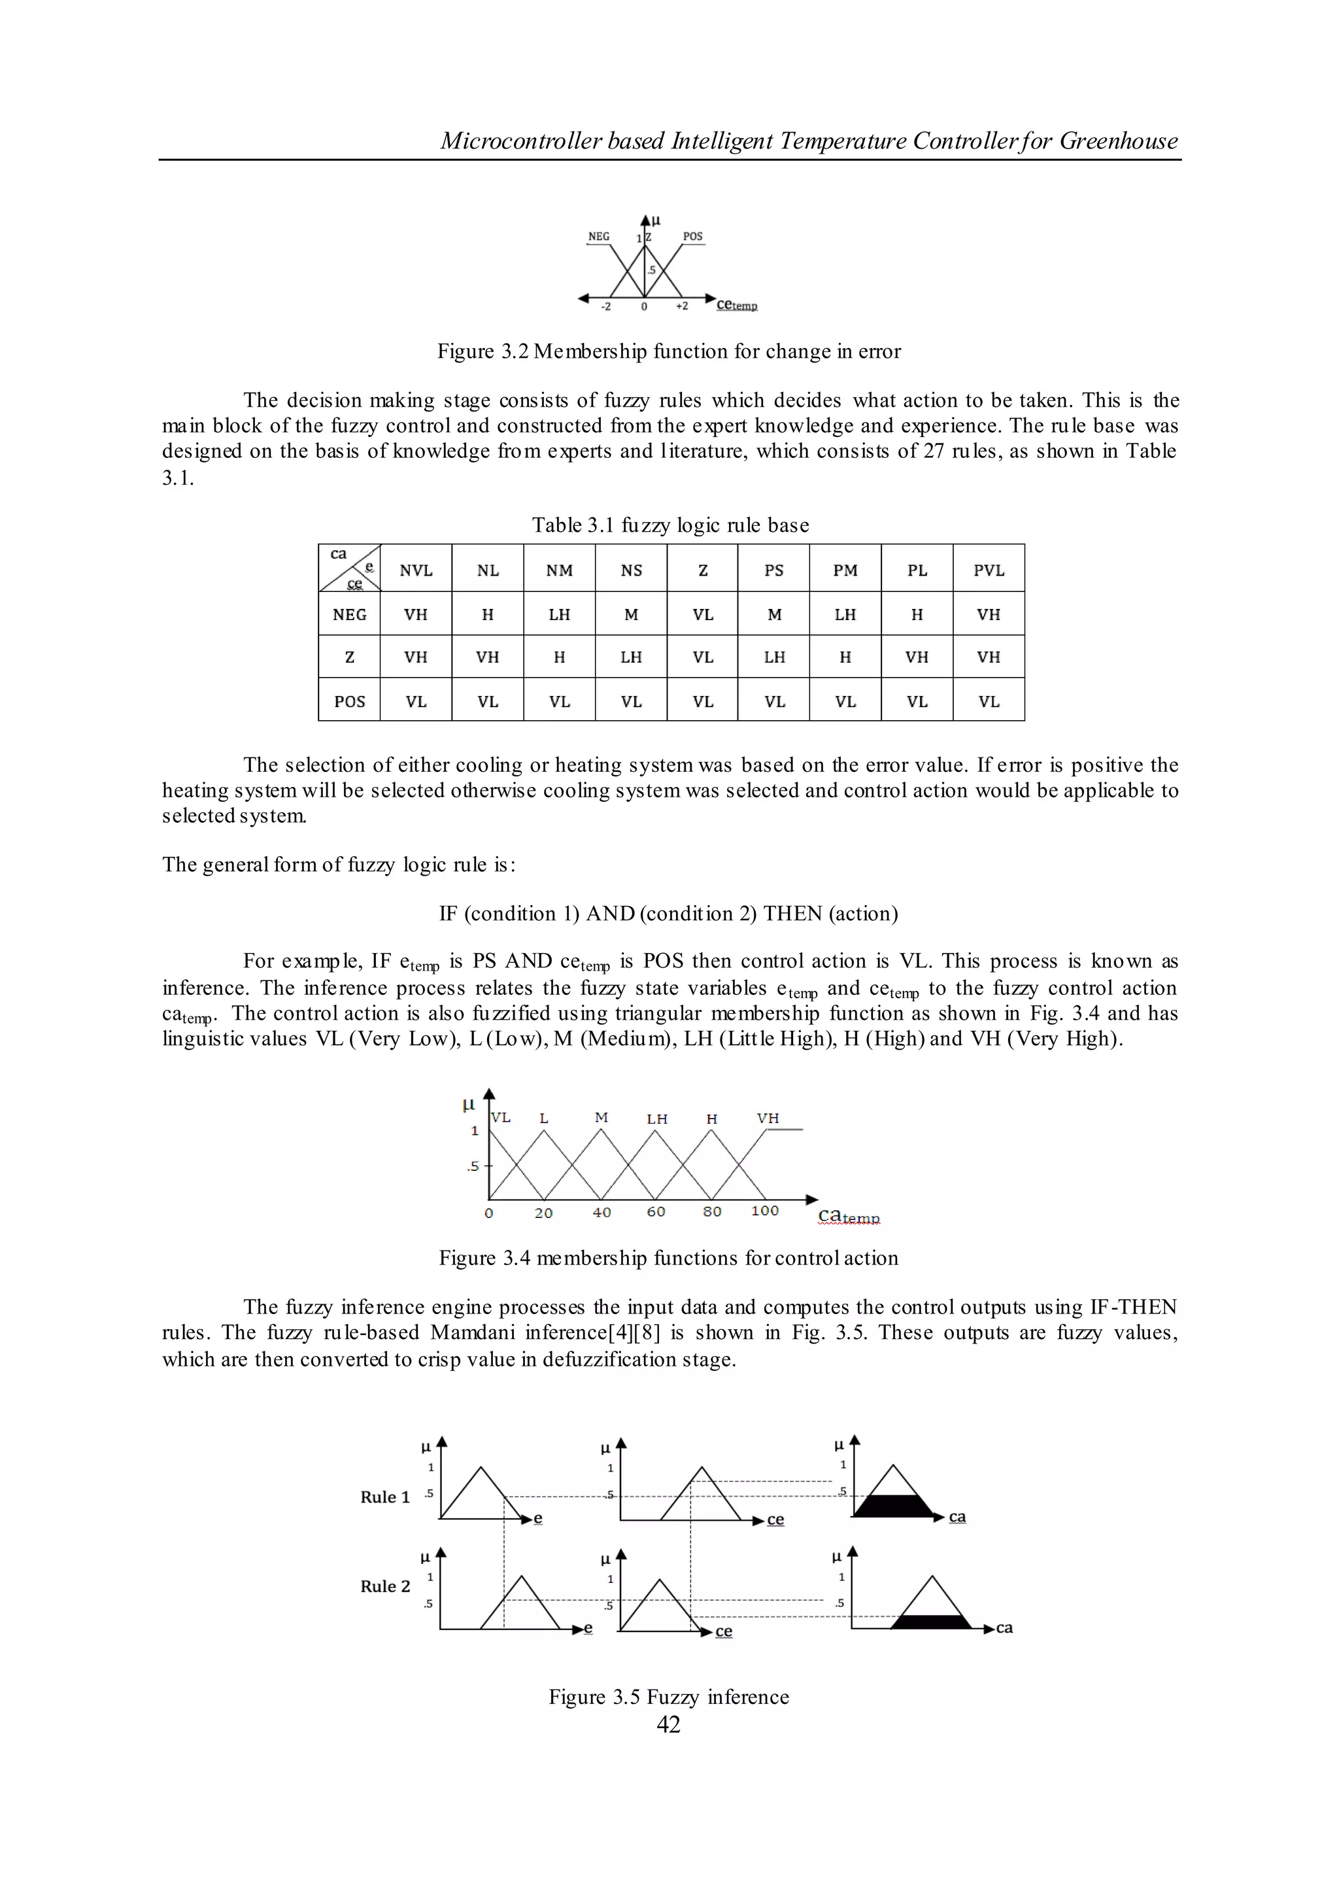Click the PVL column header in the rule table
click(988, 571)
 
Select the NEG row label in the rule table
click(350, 614)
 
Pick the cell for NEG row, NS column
click(631, 614)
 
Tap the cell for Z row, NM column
click(559, 657)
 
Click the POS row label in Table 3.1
click(350, 701)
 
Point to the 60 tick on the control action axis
click(656, 1211)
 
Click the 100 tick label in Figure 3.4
click(764, 1211)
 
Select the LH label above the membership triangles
click(657, 1119)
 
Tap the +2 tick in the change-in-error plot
click(682, 306)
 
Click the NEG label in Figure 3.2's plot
click(599, 237)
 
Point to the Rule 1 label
click(385, 1497)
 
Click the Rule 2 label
click(385, 1586)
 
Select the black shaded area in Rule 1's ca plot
click(893, 1506)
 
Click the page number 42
click(669, 1725)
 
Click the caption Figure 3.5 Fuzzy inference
click(669, 1697)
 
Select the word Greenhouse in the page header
click(1118, 141)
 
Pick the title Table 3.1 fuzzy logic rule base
click(669, 525)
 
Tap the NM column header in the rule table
click(559, 571)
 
